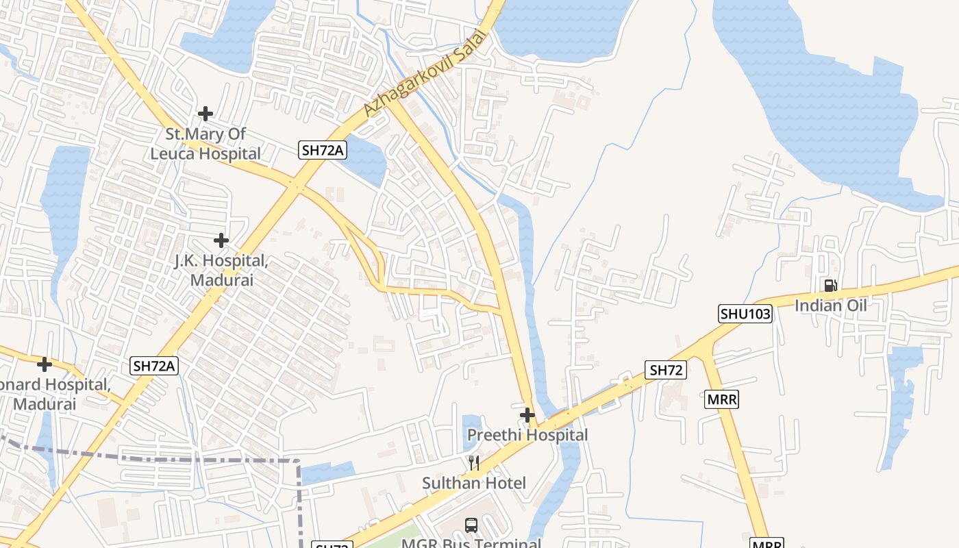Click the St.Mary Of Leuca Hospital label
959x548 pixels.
(x=206, y=144)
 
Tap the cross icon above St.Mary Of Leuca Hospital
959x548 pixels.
(x=205, y=113)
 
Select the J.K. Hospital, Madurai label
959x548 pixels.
(x=221, y=271)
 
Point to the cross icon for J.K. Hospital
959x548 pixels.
(x=221, y=240)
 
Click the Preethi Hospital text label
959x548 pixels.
(x=527, y=435)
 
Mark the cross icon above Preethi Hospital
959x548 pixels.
(x=527, y=414)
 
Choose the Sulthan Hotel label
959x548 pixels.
(x=474, y=483)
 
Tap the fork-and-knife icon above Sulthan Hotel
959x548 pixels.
(x=473, y=463)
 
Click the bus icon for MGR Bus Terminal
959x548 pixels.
(x=471, y=525)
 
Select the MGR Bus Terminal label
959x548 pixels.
(x=471, y=543)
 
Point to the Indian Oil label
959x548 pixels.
(x=830, y=305)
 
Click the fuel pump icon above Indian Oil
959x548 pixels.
(x=830, y=285)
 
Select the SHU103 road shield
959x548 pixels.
(x=745, y=314)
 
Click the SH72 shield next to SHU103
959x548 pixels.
(x=666, y=371)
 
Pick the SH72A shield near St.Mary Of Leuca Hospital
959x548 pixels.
(x=321, y=150)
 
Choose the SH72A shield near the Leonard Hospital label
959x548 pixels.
(x=154, y=366)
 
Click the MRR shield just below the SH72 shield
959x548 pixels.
(x=721, y=399)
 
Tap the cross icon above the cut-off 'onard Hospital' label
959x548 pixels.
(x=45, y=364)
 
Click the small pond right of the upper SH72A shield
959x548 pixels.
(x=364, y=162)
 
